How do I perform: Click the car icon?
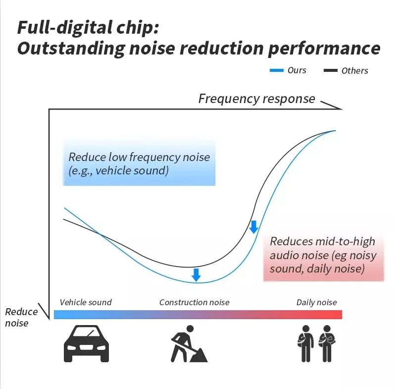click(x=86, y=343)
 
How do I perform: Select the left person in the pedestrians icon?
click(x=306, y=343)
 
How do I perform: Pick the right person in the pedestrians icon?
click(x=327, y=343)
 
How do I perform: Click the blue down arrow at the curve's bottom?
click(x=196, y=275)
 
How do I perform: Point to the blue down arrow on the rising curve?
click(x=254, y=227)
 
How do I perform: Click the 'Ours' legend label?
click(x=297, y=70)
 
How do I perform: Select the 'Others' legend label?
click(x=354, y=71)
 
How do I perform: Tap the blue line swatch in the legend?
click(x=276, y=71)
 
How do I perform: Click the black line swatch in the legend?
click(x=330, y=71)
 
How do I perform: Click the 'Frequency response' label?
click(x=256, y=99)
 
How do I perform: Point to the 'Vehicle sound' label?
click(x=86, y=302)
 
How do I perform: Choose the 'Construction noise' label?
click(x=194, y=302)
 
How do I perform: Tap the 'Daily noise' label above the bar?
click(x=316, y=302)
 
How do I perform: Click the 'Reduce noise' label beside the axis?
click(x=21, y=317)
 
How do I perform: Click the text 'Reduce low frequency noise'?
click(x=139, y=157)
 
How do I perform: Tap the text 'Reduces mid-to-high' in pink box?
click(x=322, y=241)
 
